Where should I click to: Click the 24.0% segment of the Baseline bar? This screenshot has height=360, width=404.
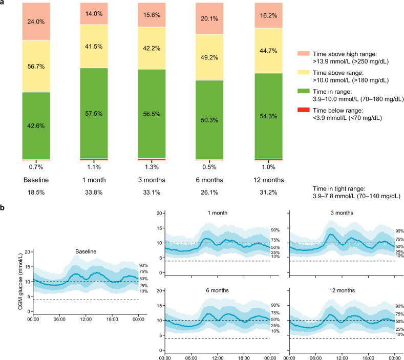coord(36,22)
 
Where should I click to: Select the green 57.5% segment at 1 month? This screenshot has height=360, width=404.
coord(94,113)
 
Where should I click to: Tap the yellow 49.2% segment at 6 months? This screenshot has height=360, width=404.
coord(209,57)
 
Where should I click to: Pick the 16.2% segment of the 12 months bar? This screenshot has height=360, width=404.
coord(268,15)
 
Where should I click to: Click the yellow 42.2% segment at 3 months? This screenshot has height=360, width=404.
coord(152,48)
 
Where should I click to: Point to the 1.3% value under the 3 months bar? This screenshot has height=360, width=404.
coord(152,167)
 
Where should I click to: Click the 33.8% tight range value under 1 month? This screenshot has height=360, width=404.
coord(94,193)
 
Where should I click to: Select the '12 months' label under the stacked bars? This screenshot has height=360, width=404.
coord(269,180)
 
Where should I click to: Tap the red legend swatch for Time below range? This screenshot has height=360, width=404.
coord(304,110)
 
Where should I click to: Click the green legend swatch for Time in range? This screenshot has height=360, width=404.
coord(304,91)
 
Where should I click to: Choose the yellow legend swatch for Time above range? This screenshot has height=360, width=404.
coord(304,72)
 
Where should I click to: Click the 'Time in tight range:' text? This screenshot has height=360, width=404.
coord(339,188)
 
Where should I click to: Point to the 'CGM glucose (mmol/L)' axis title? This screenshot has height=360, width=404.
coord(20,281)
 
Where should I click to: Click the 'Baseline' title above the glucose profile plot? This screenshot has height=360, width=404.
coord(86,251)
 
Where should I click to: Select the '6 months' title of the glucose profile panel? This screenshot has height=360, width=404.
coord(217,290)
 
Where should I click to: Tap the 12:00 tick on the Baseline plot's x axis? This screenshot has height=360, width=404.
coord(86,319)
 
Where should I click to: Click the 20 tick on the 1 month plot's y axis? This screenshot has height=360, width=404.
coord(159,214)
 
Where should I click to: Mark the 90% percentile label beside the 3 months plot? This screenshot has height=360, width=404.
coord(399,231)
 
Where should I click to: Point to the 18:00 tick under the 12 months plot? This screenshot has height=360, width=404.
coord(369,358)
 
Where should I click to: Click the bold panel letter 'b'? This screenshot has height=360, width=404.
coord(2,208)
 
